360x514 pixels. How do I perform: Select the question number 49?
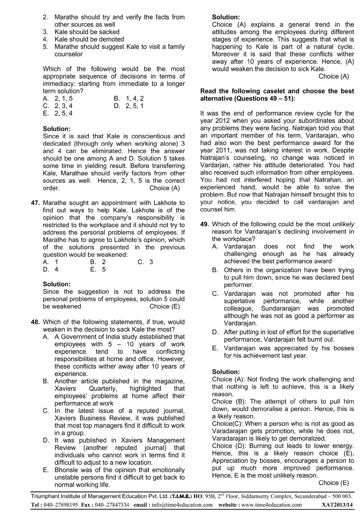(x=205, y=224)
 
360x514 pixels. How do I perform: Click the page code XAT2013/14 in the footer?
(x=337, y=505)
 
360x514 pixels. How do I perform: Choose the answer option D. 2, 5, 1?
(x=129, y=106)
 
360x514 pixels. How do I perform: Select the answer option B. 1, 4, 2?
(x=129, y=98)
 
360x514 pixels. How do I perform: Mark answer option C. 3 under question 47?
(x=146, y=262)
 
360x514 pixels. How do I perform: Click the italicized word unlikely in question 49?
(x=343, y=224)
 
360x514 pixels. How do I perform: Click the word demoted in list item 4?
(x=112, y=39)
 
